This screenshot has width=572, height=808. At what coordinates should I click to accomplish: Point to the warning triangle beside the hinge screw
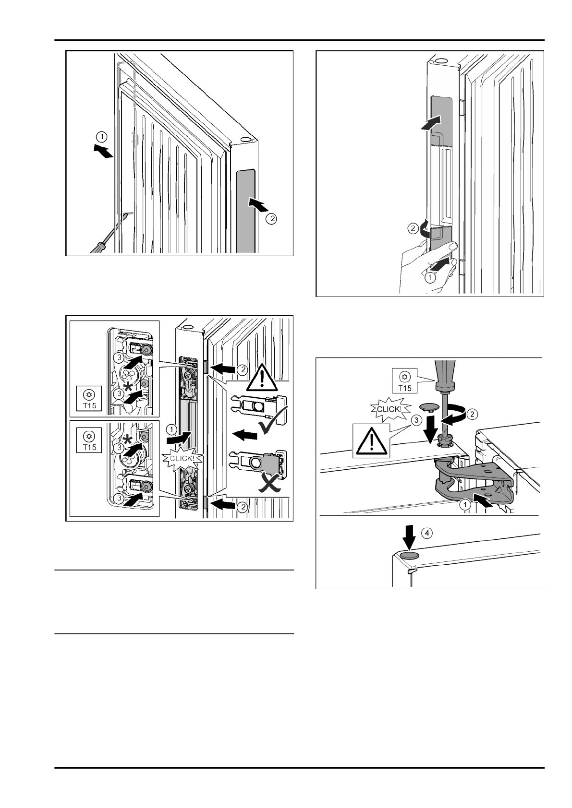371,440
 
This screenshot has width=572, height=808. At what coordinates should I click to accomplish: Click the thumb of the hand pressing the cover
450,246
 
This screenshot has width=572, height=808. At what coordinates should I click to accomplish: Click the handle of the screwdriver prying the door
99,246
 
